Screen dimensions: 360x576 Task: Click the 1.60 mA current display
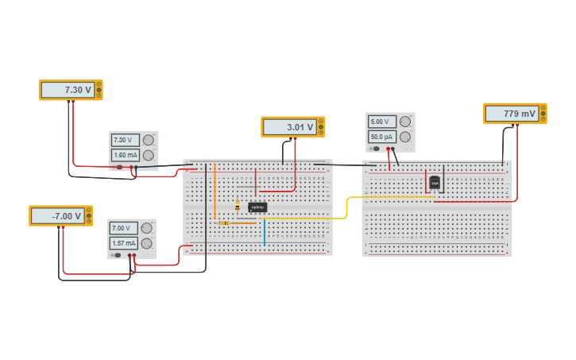(x=126, y=155)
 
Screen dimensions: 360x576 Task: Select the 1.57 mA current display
(x=124, y=243)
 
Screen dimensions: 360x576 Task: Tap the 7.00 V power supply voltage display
(x=124, y=228)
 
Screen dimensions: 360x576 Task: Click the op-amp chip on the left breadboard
(x=257, y=207)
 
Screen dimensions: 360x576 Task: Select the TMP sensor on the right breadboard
(x=435, y=182)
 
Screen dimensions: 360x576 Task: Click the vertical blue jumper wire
(x=265, y=232)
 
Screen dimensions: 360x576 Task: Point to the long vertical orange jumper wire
(x=215, y=191)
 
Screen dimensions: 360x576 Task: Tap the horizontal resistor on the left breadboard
(x=224, y=223)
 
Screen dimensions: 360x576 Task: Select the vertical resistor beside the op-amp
(x=237, y=205)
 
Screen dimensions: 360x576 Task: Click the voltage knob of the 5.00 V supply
(x=405, y=122)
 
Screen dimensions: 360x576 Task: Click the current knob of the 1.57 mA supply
(x=147, y=243)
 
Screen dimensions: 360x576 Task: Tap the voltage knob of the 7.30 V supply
(x=149, y=140)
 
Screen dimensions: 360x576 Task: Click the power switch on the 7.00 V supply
(x=118, y=255)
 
